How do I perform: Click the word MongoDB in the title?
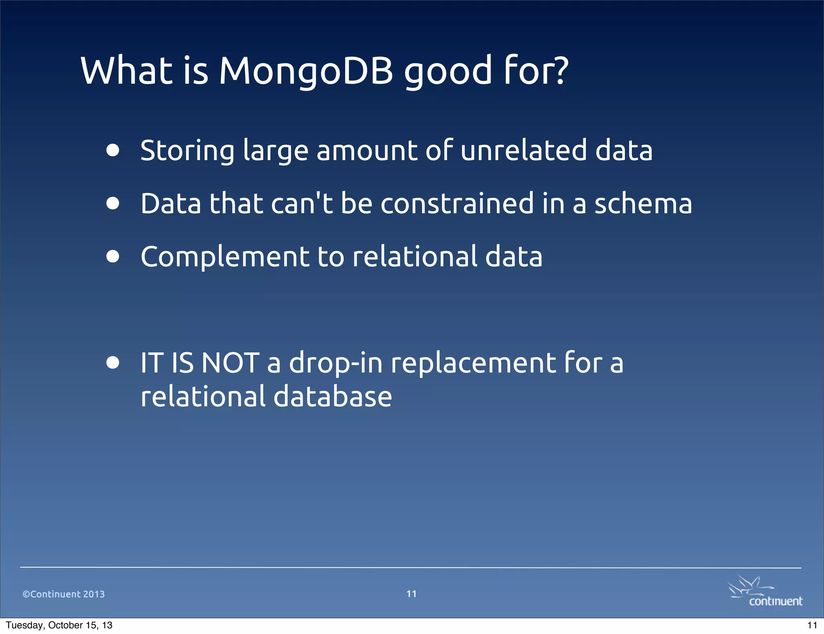[x=306, y=71]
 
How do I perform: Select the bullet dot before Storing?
[x=113, y=150]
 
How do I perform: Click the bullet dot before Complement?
[x=113, y=256]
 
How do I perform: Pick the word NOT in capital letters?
[x=230, y=363]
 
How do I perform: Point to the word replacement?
[x=473, y=363]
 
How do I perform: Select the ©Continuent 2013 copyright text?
[x=64, y=594]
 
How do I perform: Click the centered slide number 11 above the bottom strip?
[x=411, y=594]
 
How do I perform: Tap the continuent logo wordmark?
[x=775, y=601]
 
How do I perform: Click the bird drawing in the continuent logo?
[x=748, y=587]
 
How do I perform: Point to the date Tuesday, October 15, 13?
[x=59, y=625]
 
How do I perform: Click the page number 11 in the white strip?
[x=812, y=625]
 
